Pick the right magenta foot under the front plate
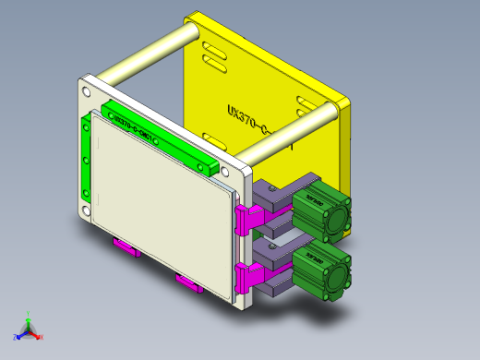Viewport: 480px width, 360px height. (x=189, y=282)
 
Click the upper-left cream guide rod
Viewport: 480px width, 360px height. (x=148, y=55)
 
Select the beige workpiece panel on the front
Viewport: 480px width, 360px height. (x=162, y=208)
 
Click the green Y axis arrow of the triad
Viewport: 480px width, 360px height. (x=29, y=317)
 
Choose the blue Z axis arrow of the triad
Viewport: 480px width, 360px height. (x=18, y=334)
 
